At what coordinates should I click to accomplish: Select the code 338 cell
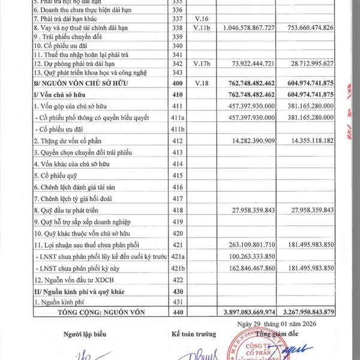(x=176, y=28)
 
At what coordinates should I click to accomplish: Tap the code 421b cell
(x=176, y=267)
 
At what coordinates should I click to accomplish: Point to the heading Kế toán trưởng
(x=191, y=334)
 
